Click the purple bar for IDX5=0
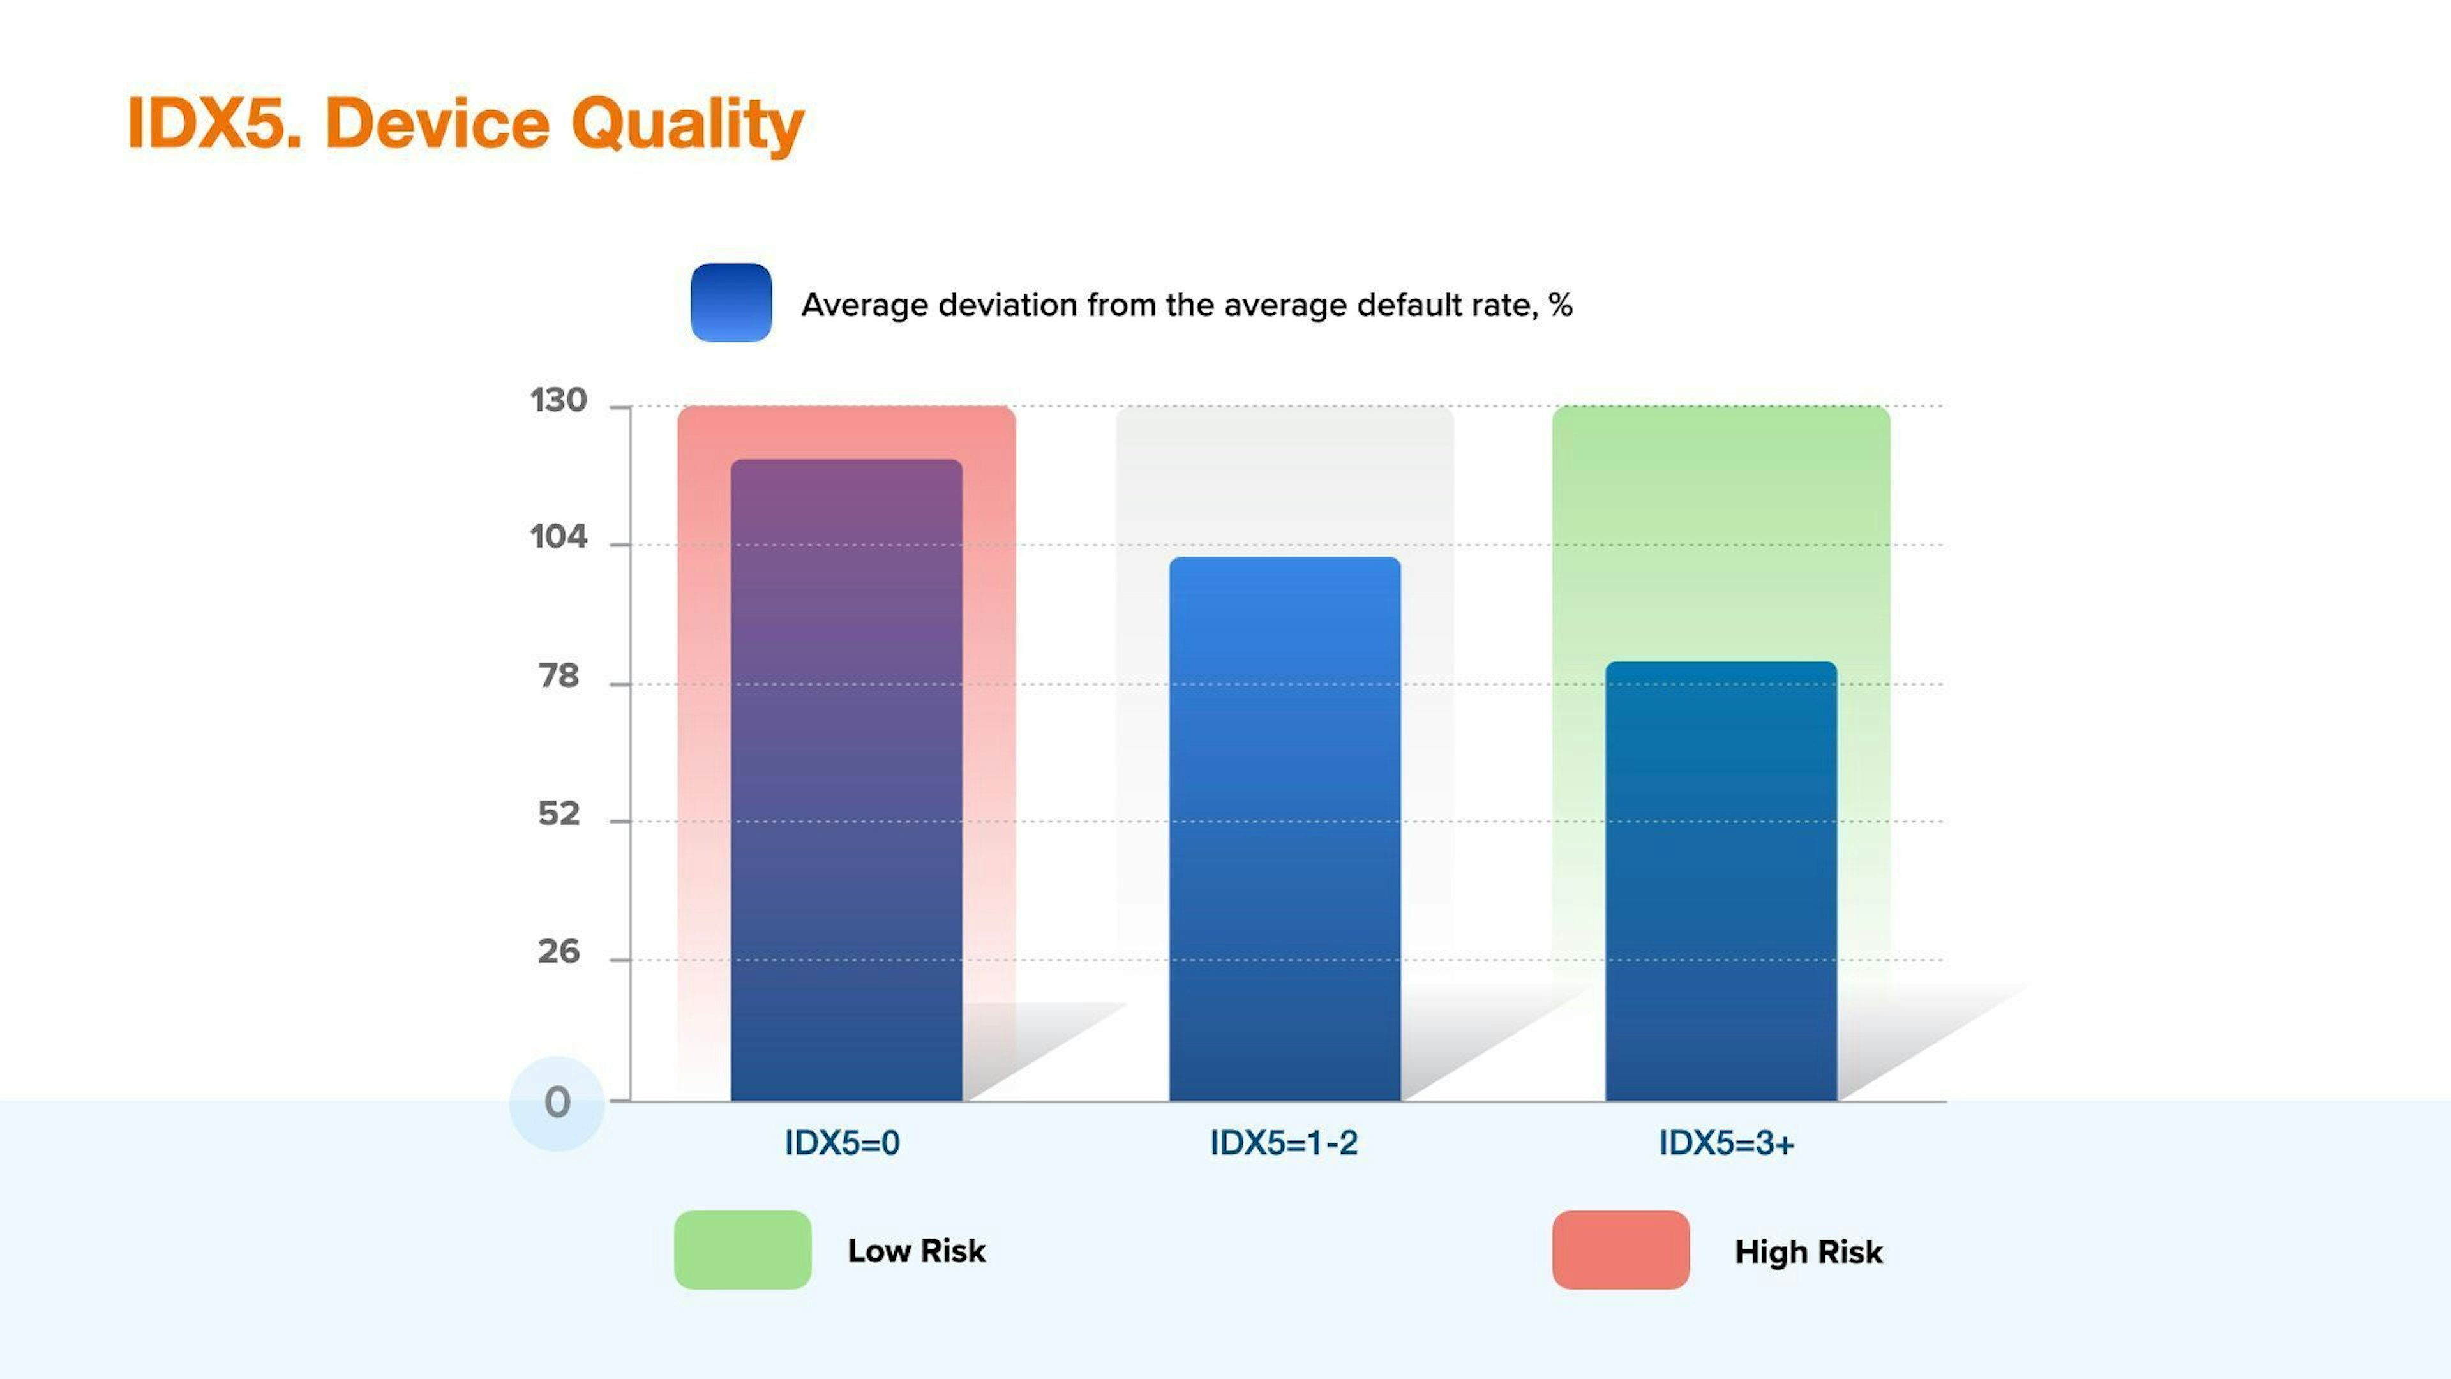pyautogui.click(x=846, y=780)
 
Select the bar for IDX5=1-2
pyautogui.click(x=1284, y=829)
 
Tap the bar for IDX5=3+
pyautogui.click(x=1721, y=881)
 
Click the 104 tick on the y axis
pyautogui.click(x=558, y=538)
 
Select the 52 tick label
pyautogui.click(x=558, y=814)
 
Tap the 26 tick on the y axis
pyautogui.click(x=558, y=952)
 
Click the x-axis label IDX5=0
pyautogui.click(x=842, y=1143)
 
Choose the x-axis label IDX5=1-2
pyautogui.click(x=1284, y=1143)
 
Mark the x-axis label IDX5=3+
pyautogui.click(x=1726, y=1143)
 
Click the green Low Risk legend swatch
pyautogui.click(x=743, y=1249)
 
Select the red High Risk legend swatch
pyautogui.click(x=1621, y=1249)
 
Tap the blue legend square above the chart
pyautogui.click(x=731, y=303)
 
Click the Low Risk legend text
pyautogui.click(x=917, y=1251)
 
